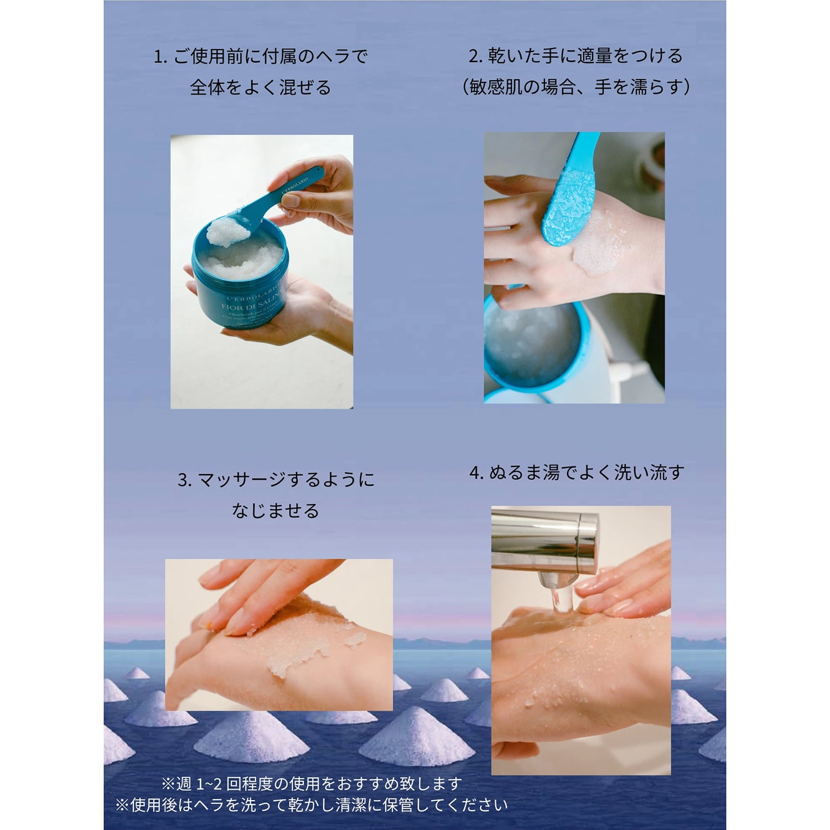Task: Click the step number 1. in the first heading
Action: (x=160, y=56)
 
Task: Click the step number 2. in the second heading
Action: (x=476, y=56)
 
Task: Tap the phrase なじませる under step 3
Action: (x=275, y=510)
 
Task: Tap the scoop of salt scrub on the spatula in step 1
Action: (x=228, y=231)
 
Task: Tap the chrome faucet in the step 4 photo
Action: (x=545, y=539)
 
